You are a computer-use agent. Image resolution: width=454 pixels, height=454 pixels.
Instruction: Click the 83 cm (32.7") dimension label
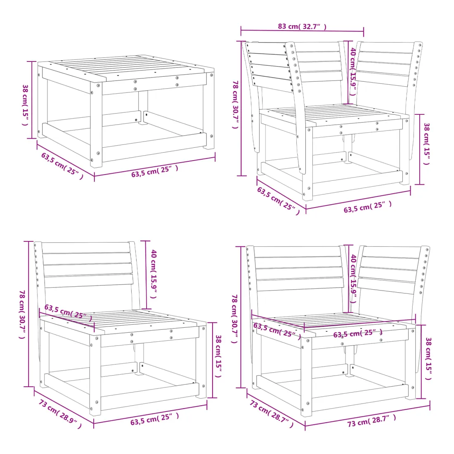(x=302, y=26)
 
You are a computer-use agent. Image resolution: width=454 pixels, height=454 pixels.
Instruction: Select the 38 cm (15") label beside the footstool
(x=26, y=105)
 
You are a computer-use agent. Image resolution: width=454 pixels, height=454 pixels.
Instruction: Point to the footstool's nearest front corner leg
(x=96, y=125)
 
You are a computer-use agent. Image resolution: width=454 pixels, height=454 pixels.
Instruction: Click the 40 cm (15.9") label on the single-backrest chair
(x=154, y=274)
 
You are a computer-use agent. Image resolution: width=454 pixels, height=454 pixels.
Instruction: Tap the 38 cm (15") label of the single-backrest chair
(x=219, y=356)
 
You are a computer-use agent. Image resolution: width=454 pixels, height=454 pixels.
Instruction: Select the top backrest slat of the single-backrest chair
(x=86, y=248)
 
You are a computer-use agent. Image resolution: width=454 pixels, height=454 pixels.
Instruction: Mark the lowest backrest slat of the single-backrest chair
(x=89, y=281)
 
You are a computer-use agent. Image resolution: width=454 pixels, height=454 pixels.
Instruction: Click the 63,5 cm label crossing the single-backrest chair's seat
(x=69, y=313)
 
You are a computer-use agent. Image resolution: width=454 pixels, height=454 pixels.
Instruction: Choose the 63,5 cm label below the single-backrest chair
(x=155, y=419)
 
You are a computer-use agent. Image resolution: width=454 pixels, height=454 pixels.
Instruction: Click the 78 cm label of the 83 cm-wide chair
(x=236, y=104)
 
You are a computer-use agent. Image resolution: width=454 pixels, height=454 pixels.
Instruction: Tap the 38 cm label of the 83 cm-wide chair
(x=427, y=144)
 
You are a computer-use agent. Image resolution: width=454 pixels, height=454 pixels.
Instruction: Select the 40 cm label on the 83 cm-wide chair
(x=353, y=71)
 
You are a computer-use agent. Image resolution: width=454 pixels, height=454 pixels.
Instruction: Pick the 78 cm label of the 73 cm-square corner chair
(x=235, y=319)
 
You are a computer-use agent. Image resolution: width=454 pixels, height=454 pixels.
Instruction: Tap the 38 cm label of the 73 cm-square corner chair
(x=428, y=359)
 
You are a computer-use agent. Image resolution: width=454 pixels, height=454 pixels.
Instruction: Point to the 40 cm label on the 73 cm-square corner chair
(x=353, y=278)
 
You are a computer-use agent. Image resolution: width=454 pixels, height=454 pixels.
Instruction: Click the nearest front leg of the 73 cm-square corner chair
(x=306, y=376)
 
